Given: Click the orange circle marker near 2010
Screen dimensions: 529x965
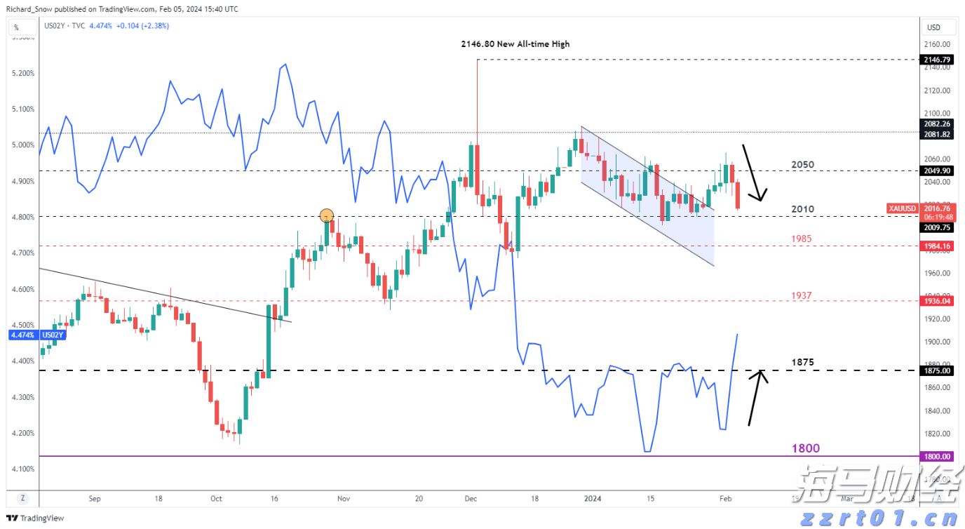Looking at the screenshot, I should point(326,215).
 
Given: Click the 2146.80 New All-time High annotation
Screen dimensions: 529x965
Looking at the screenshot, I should point(515,44).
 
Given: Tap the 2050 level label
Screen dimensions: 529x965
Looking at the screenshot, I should point(802,165).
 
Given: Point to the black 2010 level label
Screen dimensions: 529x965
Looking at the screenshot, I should point(802,209).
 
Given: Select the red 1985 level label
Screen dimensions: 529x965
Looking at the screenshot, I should point(802,239).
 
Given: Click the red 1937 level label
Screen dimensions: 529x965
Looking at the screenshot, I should point(802,296).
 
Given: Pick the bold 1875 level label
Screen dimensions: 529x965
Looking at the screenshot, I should point(802,363).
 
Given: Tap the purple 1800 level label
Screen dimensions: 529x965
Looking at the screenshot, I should point(805,448).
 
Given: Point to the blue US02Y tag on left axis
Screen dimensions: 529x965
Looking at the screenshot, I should point(53,335).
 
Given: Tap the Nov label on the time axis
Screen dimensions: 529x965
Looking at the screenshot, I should point(343,498).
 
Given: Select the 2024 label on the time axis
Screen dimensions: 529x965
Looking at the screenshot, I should point(593,498).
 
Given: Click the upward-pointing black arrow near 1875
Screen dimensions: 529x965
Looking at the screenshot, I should point(756,398).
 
